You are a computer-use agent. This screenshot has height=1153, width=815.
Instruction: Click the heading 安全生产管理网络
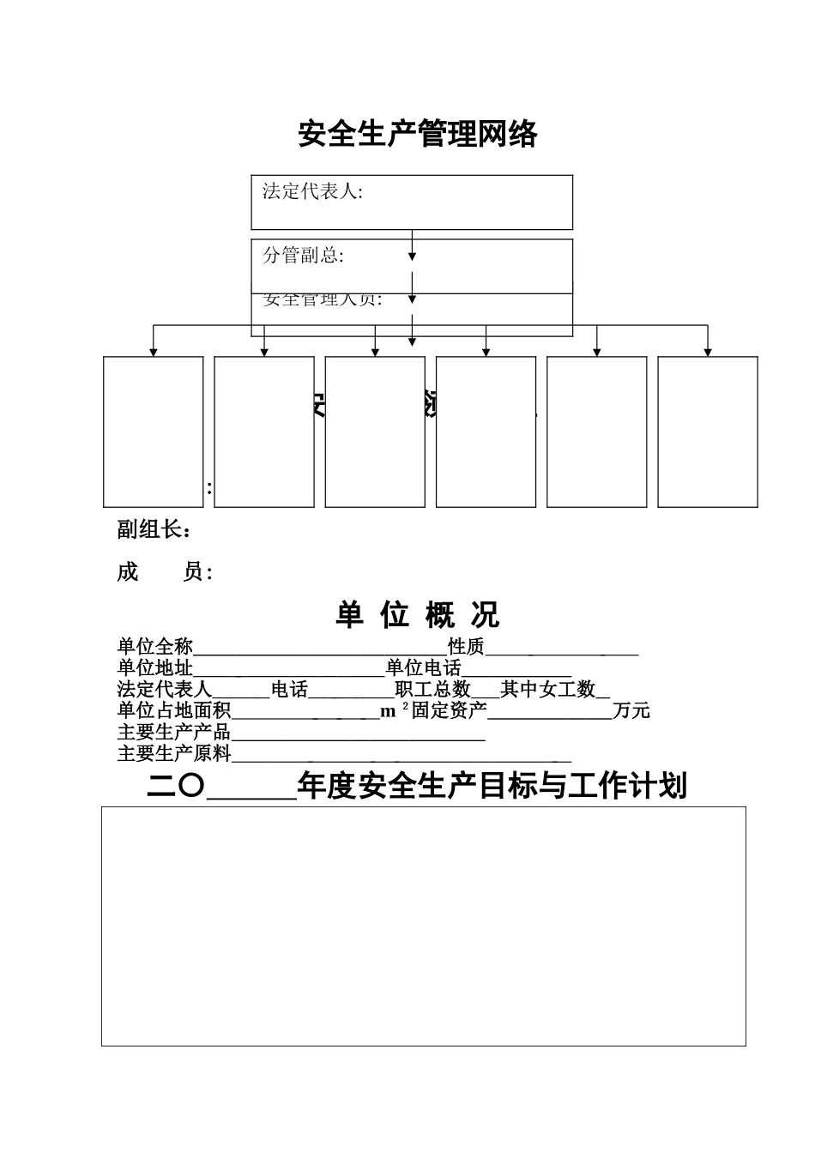pyautogui.click(x=418, y=135)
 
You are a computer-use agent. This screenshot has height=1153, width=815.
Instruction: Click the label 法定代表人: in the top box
pyautogui.click(x=312, y=192)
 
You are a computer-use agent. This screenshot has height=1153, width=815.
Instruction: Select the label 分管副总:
pyautogui.click(x=303, y=256)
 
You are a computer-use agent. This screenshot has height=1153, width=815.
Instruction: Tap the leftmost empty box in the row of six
pyautogui.click(x=154, y=432)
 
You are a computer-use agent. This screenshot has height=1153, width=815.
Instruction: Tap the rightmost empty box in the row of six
pyautogui.click(x=707, y=432)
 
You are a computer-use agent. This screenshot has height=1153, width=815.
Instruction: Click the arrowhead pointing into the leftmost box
pyautogui.click(x=154, y=352)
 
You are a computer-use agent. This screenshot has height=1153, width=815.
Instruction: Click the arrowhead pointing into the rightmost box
pyautogui.click(x=708, y=352)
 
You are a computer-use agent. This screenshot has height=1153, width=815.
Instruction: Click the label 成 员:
pyautogui.click(x=165, y=573)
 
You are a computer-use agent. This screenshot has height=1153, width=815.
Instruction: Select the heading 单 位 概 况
pyautogui.click(x=418, y=615)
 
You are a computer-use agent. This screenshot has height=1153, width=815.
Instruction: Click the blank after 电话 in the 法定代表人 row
pyautogui.click(x=351, y=691)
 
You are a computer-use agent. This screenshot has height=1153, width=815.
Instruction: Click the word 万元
pyautogui.click(x=631, y=711)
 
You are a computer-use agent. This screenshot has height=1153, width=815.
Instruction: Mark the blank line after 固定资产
pyautogui.click(x=550, y=711)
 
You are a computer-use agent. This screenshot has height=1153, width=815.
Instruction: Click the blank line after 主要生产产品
pyautogui.click(x=359, y=733)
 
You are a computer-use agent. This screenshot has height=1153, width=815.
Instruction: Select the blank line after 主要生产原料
pyautogui.click(x=401, y=755)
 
